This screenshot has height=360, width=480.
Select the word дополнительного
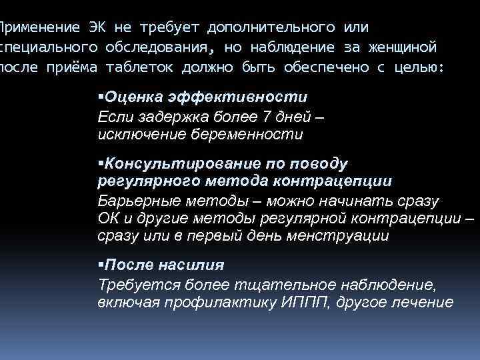pyautogui.click(x=271, y=27)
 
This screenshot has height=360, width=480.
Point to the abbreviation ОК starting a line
pyautogui.click(x=108, y=218)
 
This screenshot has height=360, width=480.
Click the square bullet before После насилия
pyautogui.click(x=101, y=264)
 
